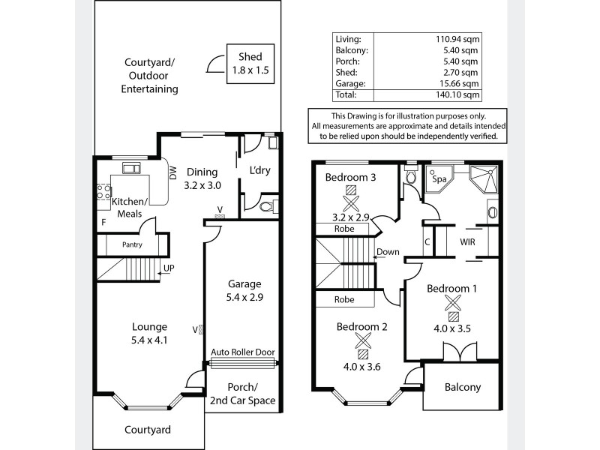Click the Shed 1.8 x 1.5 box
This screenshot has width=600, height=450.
tap(250, 63)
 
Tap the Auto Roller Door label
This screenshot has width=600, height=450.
tap(242, 352)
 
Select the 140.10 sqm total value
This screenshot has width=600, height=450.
tap(460, 95)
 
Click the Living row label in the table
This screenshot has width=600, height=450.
tap(349, 39)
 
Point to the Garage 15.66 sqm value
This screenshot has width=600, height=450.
tap(460, 84)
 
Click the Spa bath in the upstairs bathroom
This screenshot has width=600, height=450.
tap(437, 180)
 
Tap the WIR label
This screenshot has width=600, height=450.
tap(467, 242)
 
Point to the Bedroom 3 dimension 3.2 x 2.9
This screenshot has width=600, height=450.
tap(350, 217)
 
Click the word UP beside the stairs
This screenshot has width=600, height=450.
tap(169, 268)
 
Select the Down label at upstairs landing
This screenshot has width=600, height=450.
tap(388, 252)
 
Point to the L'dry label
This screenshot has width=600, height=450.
tap(259, 170)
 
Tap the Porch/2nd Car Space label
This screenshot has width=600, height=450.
tap(241, 394)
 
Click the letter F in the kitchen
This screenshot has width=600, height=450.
tap(103, 223)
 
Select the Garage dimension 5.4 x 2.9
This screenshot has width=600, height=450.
tap(244, 296)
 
